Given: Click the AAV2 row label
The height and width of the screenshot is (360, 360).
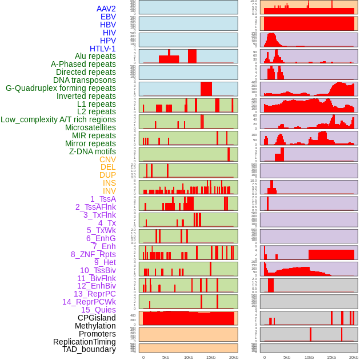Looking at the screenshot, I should coord(106,9).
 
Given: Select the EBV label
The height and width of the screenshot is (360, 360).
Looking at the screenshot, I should coord(108,17).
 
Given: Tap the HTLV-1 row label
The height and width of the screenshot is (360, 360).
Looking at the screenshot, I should coord(103,49).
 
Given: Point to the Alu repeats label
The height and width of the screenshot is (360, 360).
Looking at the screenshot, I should coord(95,56).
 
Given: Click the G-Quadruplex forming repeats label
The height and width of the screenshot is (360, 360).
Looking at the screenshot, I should coord(61,88).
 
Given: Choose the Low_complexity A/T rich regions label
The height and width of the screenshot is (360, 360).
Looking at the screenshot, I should coord(58,119).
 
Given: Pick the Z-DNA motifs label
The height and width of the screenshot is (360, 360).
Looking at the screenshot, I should coord(93,151).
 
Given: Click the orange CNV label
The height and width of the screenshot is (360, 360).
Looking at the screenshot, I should coord(107,159).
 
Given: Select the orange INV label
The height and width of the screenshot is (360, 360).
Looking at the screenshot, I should coord(109,191).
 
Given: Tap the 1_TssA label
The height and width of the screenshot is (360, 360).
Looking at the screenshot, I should coord(103,199).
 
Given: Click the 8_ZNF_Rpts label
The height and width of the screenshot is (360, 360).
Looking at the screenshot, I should coord(93,254).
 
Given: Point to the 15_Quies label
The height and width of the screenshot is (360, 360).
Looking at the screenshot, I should coord(98,310).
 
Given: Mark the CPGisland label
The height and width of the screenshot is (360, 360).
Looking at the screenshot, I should coord(97,318).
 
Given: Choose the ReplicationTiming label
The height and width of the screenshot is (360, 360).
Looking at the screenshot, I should coord(85,342).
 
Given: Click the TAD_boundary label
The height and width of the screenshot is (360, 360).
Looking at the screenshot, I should coord(89,349).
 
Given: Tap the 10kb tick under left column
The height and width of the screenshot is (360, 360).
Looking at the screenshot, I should coord(188,357).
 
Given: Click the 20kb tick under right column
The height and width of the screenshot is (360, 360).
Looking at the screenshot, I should coord(354,357).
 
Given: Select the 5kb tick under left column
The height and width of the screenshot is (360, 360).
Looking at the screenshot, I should coord(166,357).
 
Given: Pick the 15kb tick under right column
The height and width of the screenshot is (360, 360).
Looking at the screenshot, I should coord(331,357).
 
